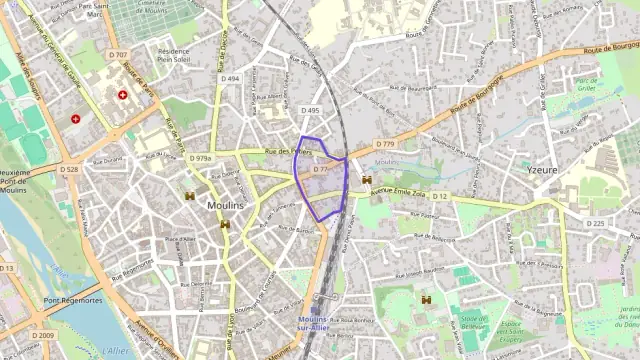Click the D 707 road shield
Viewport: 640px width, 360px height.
pyautogui.click(x=119, y=54)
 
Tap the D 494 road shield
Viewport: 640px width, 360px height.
pyautogui.click(x=231, y=78)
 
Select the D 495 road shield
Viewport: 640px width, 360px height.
pyautogui.click(x=310, y=111)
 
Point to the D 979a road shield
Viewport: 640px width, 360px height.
pyautogui.click(x=203, y=158)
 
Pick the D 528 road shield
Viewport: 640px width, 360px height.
pyautogui.click(x=69, y=170)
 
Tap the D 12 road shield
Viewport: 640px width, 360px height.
pyautogui.click(x=441, y=197)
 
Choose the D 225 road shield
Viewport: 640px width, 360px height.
pyautogui.click(x=595, y=223)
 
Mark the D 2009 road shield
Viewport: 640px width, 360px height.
pyautogui.click(x=43, y=335)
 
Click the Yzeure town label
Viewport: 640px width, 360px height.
pyautogui.click(x=542, y=171)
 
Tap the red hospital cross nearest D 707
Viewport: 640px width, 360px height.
pyautogui.click(x=123, y=95)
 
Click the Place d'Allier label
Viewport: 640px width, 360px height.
pyautogui.click(x=180, y=240)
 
